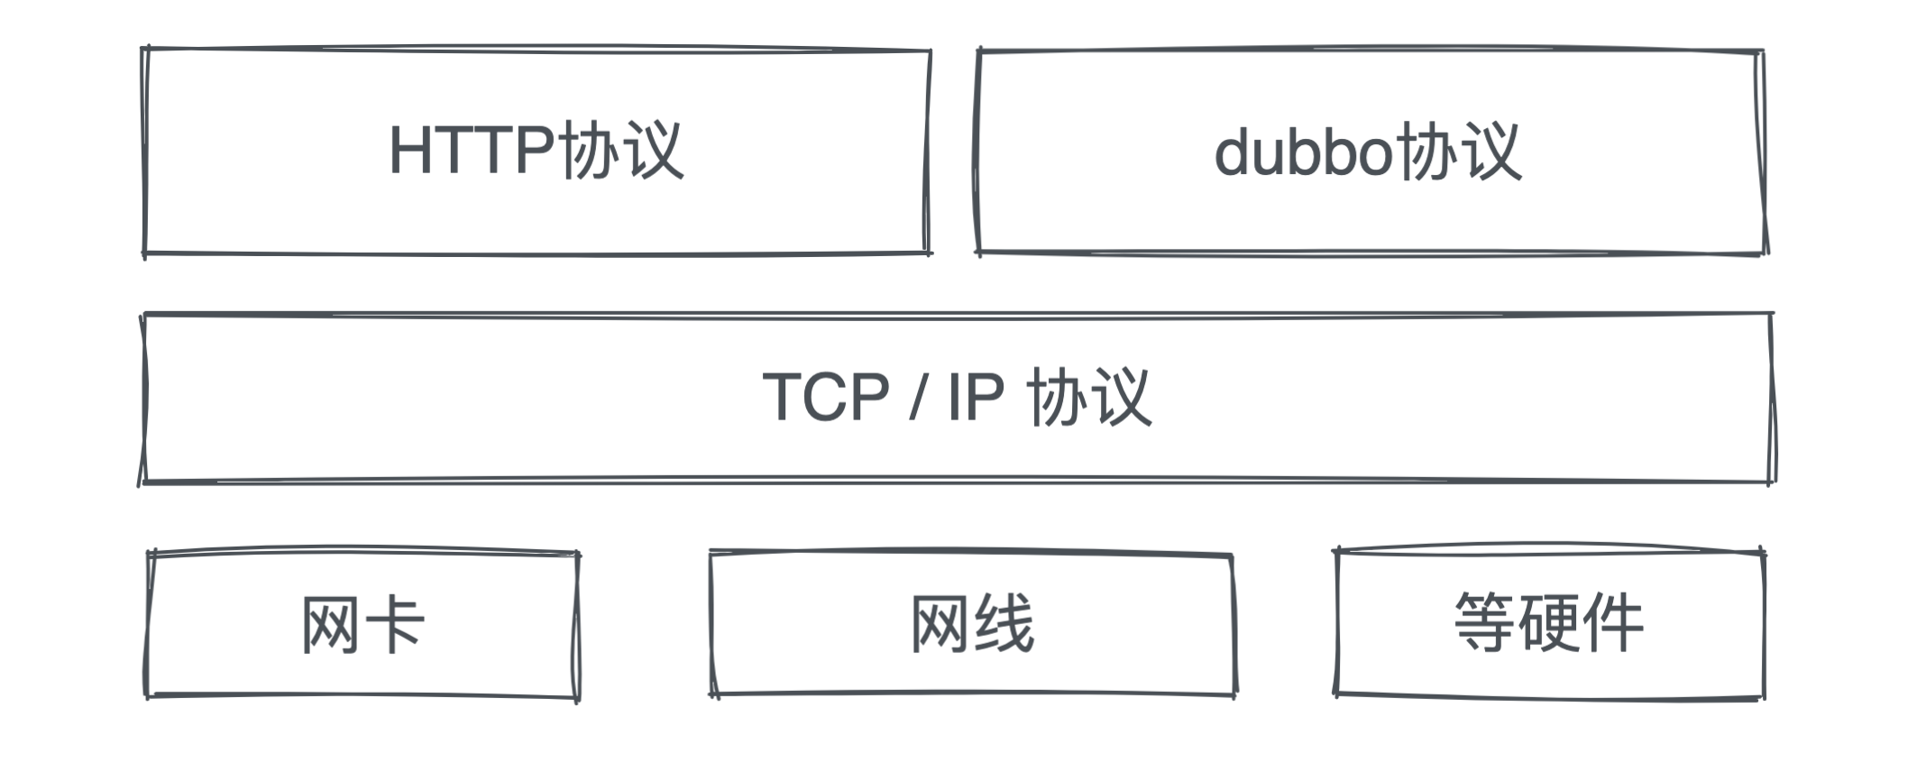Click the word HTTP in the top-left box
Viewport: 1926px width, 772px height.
pyautogui.click(x=471, y=151)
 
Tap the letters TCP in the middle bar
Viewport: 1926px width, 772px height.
pyautogui.click(x=826, y=397)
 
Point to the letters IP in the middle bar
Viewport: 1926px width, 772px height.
pyautogui.click(x=975, y=397)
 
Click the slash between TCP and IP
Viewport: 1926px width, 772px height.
pyautogui.click(x=916, y=398)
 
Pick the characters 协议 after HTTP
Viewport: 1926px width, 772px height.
pyautogui.click(x=621, y=151)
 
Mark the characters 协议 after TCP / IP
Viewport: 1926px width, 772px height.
pyautogui.click(x=1089, y=397)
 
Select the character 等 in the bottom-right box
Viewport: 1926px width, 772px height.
pyautogui.click(x=1485, y=622)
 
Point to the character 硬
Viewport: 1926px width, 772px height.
pyautogui.click(x=1549, y=622)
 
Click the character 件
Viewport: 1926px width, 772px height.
pyautogui.click(x=1613, y=622)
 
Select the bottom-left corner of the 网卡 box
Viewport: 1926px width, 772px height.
pyautogui.click(x=148, y=695)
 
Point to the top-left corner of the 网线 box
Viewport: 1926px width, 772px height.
pyautogui.click(x=711, y=553)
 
